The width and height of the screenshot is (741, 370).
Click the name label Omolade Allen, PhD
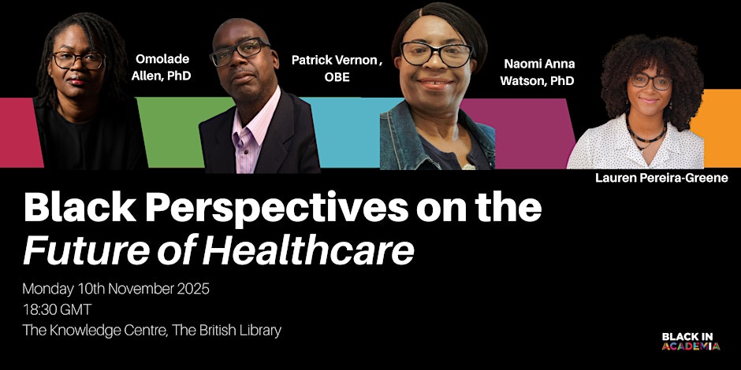coord(161,68)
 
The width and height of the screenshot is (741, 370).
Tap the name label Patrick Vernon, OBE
coord(337,68)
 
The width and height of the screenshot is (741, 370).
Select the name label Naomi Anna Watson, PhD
coord(538,72)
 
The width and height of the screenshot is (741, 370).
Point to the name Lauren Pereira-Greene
coord(661,178)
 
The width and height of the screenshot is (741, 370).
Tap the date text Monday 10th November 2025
coord(116,289)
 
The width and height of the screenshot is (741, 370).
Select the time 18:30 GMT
coord(57,309)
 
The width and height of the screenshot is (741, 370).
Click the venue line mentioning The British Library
coord(151,331)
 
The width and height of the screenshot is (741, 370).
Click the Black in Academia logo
coord(691,341)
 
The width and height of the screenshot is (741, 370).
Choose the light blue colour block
coord(350,132)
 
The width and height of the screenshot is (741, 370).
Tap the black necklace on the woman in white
coord(646,135)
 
